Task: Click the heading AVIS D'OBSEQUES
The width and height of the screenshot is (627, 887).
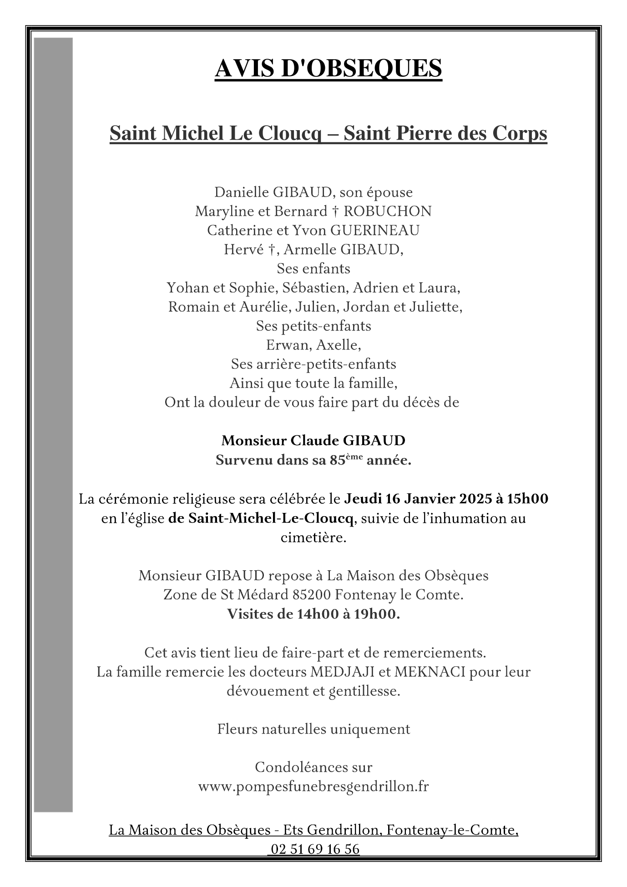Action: tap(328, 68)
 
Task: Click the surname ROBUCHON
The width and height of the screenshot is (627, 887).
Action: tap(387, 211)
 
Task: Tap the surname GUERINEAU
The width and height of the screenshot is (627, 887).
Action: tap(374, 230)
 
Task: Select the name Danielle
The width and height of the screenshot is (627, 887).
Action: tap(242, 192)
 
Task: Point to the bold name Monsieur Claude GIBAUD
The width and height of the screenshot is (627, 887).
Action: tap(313, 441)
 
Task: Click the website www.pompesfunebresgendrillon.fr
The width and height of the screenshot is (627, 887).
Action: tap(313, 786)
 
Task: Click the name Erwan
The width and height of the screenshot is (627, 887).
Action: tap(288, 345)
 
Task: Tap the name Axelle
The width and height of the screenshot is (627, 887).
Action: tap(338, 345)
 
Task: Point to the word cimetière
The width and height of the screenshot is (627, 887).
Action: tap(313, 537)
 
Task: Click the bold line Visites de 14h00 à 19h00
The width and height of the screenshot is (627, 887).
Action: tap(313, 614)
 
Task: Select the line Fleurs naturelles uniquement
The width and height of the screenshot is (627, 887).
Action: tap(313, 729)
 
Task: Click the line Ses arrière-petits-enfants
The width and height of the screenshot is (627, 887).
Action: tap(313, 364)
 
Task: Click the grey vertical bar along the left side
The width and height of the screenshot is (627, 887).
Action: tap(53, 423)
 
